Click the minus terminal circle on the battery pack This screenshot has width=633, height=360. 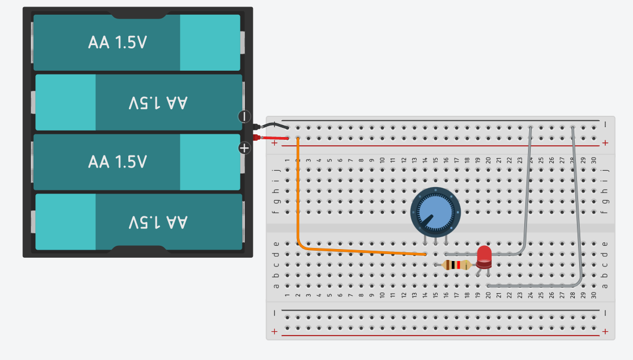tap(244, 116)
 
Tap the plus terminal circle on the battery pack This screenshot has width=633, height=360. tap(244, 147)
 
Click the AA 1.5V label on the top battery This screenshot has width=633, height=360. tap(117, 42)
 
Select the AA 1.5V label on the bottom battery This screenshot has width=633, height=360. tap(158, 222)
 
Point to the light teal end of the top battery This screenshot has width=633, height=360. tap(210, 42)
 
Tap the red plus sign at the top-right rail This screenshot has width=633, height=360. tap(605, 142)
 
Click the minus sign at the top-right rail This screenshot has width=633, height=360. tap(605, 125)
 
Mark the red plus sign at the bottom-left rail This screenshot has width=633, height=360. tap(274, 331)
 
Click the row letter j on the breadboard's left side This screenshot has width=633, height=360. tap(276, 170)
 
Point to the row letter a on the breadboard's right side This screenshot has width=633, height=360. tap(605, 285)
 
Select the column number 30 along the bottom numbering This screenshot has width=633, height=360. tap(593, 295)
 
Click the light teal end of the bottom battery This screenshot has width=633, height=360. tap(66, 222)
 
